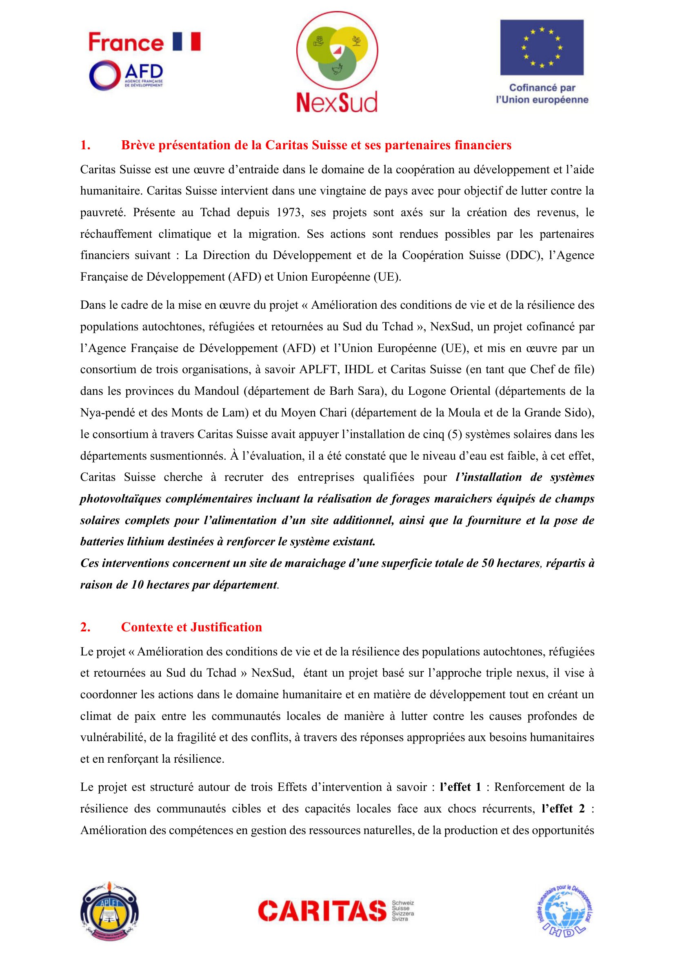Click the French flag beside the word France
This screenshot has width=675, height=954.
pos(186,42)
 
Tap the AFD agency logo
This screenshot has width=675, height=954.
pos(126,75)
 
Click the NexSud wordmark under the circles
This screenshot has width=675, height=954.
pos(337,102)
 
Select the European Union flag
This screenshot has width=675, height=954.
pos(542,47)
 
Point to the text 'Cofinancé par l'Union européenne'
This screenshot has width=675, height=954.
pos(542,93)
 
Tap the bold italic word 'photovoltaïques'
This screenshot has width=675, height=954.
pos(120,498)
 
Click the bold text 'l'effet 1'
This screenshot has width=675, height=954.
pos(460,787)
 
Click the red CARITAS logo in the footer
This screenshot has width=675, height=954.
pos(322,911)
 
